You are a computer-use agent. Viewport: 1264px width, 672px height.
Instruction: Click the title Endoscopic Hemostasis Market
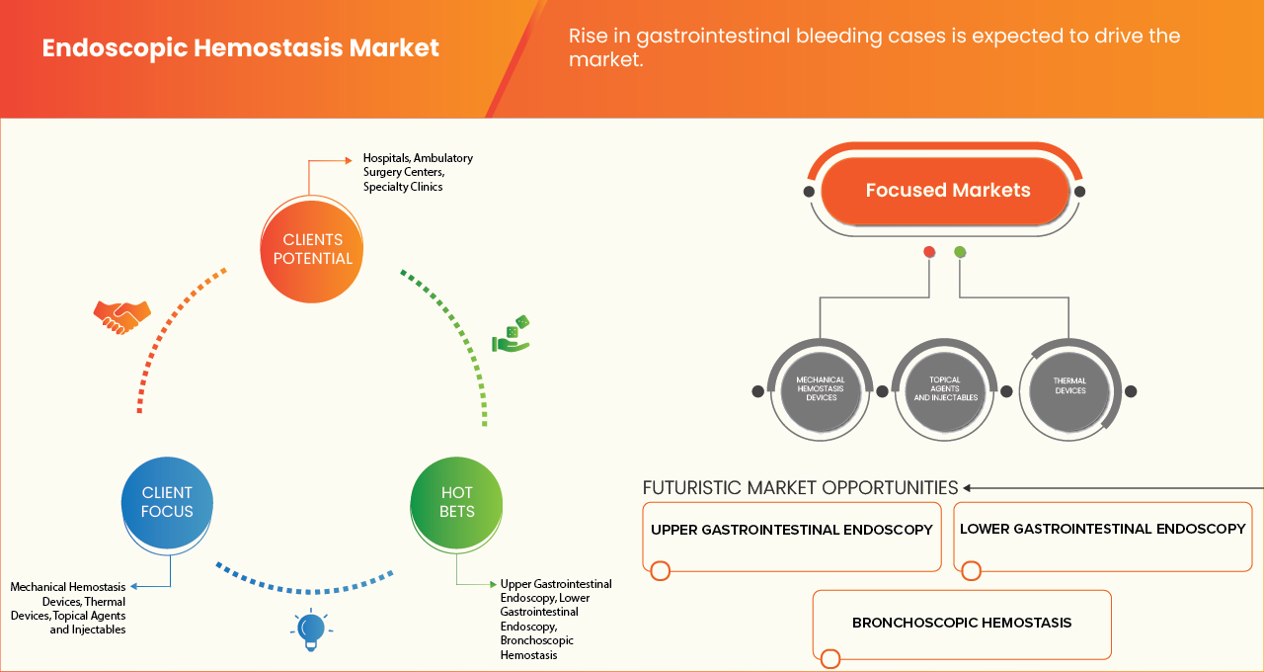click(x=240, y=47)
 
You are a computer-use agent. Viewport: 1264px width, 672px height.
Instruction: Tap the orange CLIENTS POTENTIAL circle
click(x=312, y=249)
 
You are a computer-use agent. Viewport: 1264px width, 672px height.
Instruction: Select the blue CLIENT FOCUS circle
click(x=167, y=502)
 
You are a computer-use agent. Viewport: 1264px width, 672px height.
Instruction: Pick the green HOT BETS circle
click(x=457, y=502)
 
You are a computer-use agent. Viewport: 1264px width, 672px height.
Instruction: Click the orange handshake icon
click(x=121, y=316)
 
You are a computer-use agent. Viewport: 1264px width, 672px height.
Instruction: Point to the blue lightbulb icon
click(x=311, y=630)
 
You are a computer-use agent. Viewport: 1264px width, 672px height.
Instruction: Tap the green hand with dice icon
click(x=512, y=335)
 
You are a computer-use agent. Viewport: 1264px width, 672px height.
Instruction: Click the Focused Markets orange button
click(x=947, y=191)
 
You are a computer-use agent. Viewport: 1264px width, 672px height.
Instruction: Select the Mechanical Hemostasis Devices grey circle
click(x=821, y=389)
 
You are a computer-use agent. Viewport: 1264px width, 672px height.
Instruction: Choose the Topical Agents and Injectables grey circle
click(x=945, y=389)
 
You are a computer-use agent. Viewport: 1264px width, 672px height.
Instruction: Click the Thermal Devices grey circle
click(x=1069, y=386)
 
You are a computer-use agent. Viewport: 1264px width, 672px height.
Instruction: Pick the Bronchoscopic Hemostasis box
click(x=961, y=624)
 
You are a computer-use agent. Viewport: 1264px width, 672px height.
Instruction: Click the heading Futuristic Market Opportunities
click(x=800, y=487)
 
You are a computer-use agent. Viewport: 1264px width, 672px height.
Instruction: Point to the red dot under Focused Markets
click(x=929, y=252)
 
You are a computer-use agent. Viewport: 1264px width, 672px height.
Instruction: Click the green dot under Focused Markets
click(x=960, y=252)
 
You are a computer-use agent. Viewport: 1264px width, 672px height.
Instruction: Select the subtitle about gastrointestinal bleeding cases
click(x=874, y=47)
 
